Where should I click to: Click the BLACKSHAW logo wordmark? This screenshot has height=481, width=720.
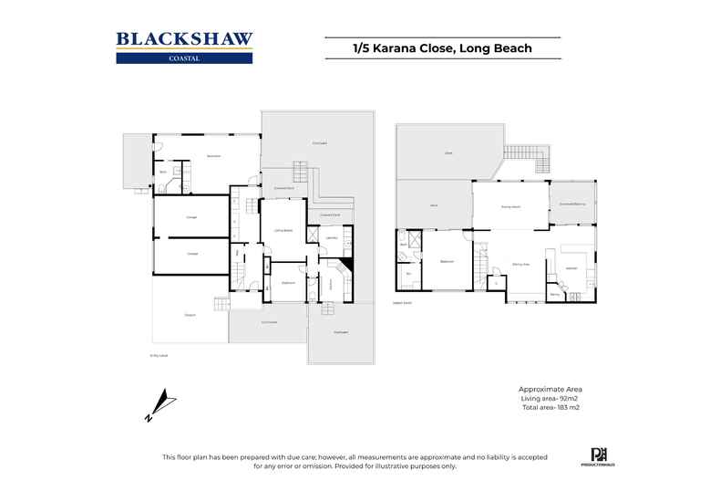click(184, 39)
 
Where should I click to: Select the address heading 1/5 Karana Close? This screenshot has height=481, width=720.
click(442, 47)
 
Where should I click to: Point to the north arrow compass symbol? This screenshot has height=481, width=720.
click(159, 404)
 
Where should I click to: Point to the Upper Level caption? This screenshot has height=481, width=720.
click(402, 302)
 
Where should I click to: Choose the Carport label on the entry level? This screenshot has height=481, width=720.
click(190, 315)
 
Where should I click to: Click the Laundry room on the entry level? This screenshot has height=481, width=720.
click(332, 239)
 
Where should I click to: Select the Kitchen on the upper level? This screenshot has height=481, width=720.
click(571, 268)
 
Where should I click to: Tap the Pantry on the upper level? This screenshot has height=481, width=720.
click(554, 294)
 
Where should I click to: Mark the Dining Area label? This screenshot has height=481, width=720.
click(521, 264)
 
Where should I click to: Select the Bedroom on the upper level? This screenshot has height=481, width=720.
click(447, 262)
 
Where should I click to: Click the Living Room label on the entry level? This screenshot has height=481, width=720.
click(283, 231)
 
